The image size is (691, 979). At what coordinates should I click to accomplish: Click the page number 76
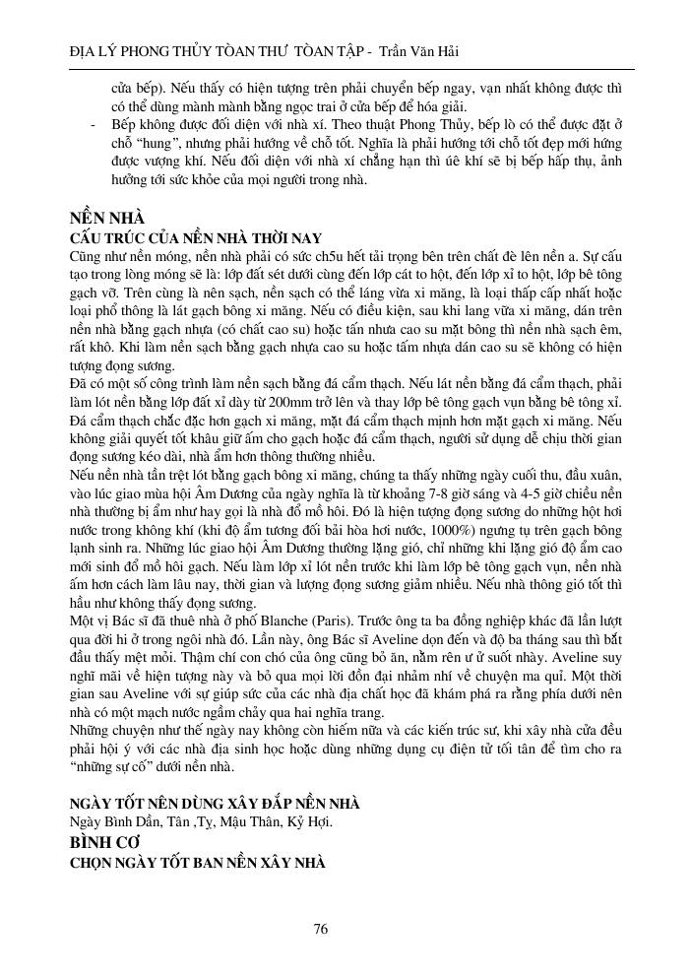(321, 928)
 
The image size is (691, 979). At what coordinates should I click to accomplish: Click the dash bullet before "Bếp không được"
(92, 127)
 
